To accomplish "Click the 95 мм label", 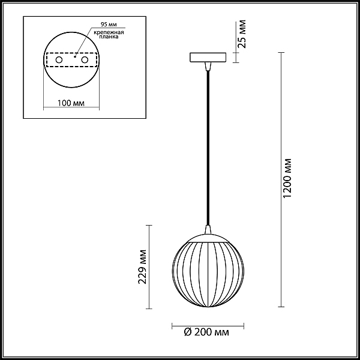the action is pos(109,25).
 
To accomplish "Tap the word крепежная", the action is pos(109,32).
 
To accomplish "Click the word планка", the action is pos(109,37).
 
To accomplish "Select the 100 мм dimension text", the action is pos(71,103).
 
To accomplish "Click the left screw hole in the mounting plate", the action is pos(59,60).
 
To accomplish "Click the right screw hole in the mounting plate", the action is pos(85,60).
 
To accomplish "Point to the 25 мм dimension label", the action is pos(242,34).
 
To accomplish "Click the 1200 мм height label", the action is pos(287,178).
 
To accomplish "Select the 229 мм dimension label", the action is pos(142,267).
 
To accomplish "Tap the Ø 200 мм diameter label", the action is pos(206,332).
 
